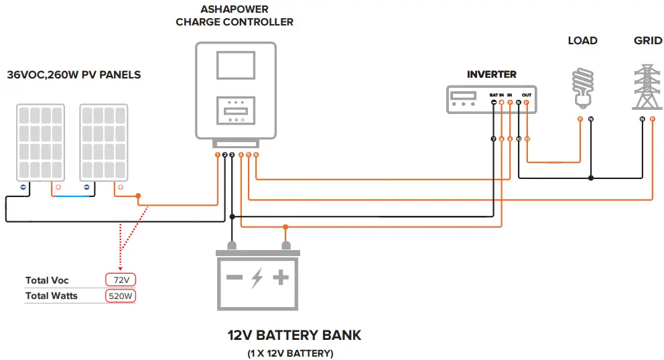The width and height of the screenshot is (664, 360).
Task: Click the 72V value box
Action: click(120, 280)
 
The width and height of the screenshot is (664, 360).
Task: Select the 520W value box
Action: click(120, 296)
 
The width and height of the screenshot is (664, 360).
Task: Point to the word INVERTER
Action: click(492, 74)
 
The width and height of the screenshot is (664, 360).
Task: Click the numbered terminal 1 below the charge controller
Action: click(217, 155)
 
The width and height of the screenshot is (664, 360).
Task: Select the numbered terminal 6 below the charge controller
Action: click(256, 155)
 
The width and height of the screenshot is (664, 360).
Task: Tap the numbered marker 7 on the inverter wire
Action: click(494, 139)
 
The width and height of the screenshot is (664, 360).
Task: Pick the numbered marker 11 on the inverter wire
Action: click(527, 139)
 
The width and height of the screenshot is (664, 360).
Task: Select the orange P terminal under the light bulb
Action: click(580, 119)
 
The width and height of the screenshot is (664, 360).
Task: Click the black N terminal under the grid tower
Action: click(643, 119)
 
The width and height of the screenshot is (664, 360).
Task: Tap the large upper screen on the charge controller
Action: click(235, 68)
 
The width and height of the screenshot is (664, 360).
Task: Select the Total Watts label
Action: click(52, 296)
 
